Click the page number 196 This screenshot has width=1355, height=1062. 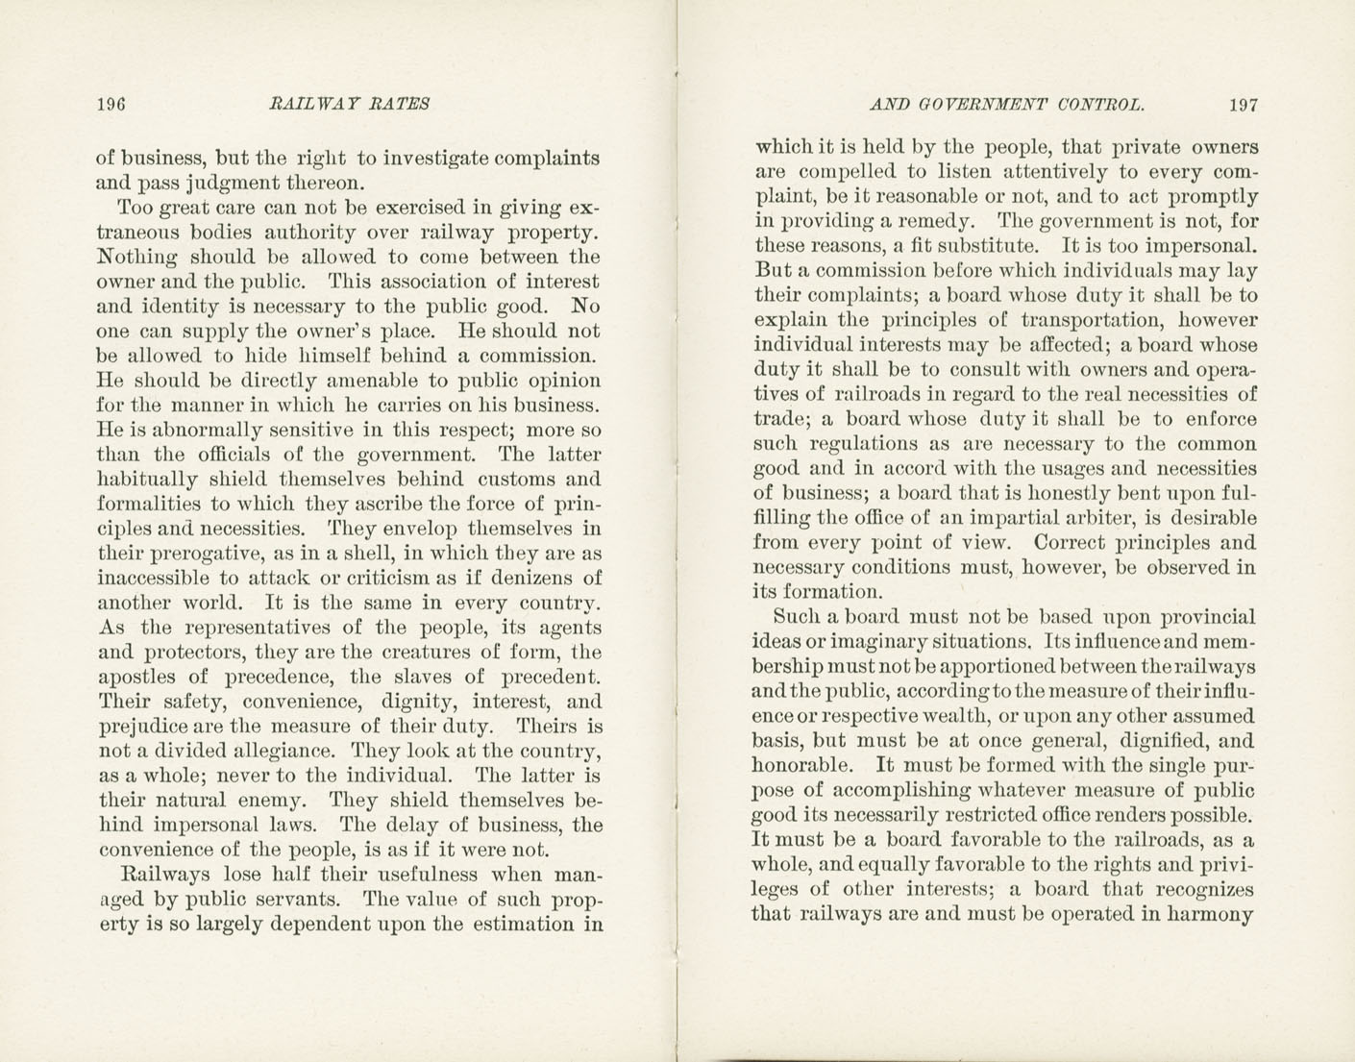[x=112, y=104]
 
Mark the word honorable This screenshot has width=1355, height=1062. [x=800, y=766]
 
